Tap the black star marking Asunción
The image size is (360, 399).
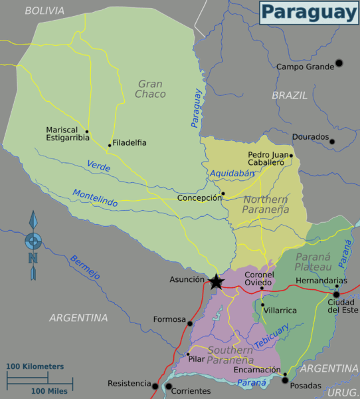click(x=217, y=281)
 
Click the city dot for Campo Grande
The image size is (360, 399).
click(x=339, y=63)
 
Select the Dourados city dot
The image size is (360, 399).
click(x=332, y=141)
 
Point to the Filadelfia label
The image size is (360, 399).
click(x=130, y=142)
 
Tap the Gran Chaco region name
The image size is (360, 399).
click(x=151, y=89)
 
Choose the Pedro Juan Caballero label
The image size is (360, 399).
click(x=266, y=158)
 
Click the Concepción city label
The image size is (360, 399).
click(x=199, y=198)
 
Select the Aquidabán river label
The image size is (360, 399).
click(x=232, y=174)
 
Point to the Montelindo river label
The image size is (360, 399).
click(x=95, y=198)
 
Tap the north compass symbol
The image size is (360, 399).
click(x=33, y=245)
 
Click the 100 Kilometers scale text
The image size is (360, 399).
click(x=35, y=366)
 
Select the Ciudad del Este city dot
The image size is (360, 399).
click(x=337, y=294)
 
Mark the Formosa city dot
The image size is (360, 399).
click(x=190, y=324)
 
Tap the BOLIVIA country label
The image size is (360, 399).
click(x=45, y=11)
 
